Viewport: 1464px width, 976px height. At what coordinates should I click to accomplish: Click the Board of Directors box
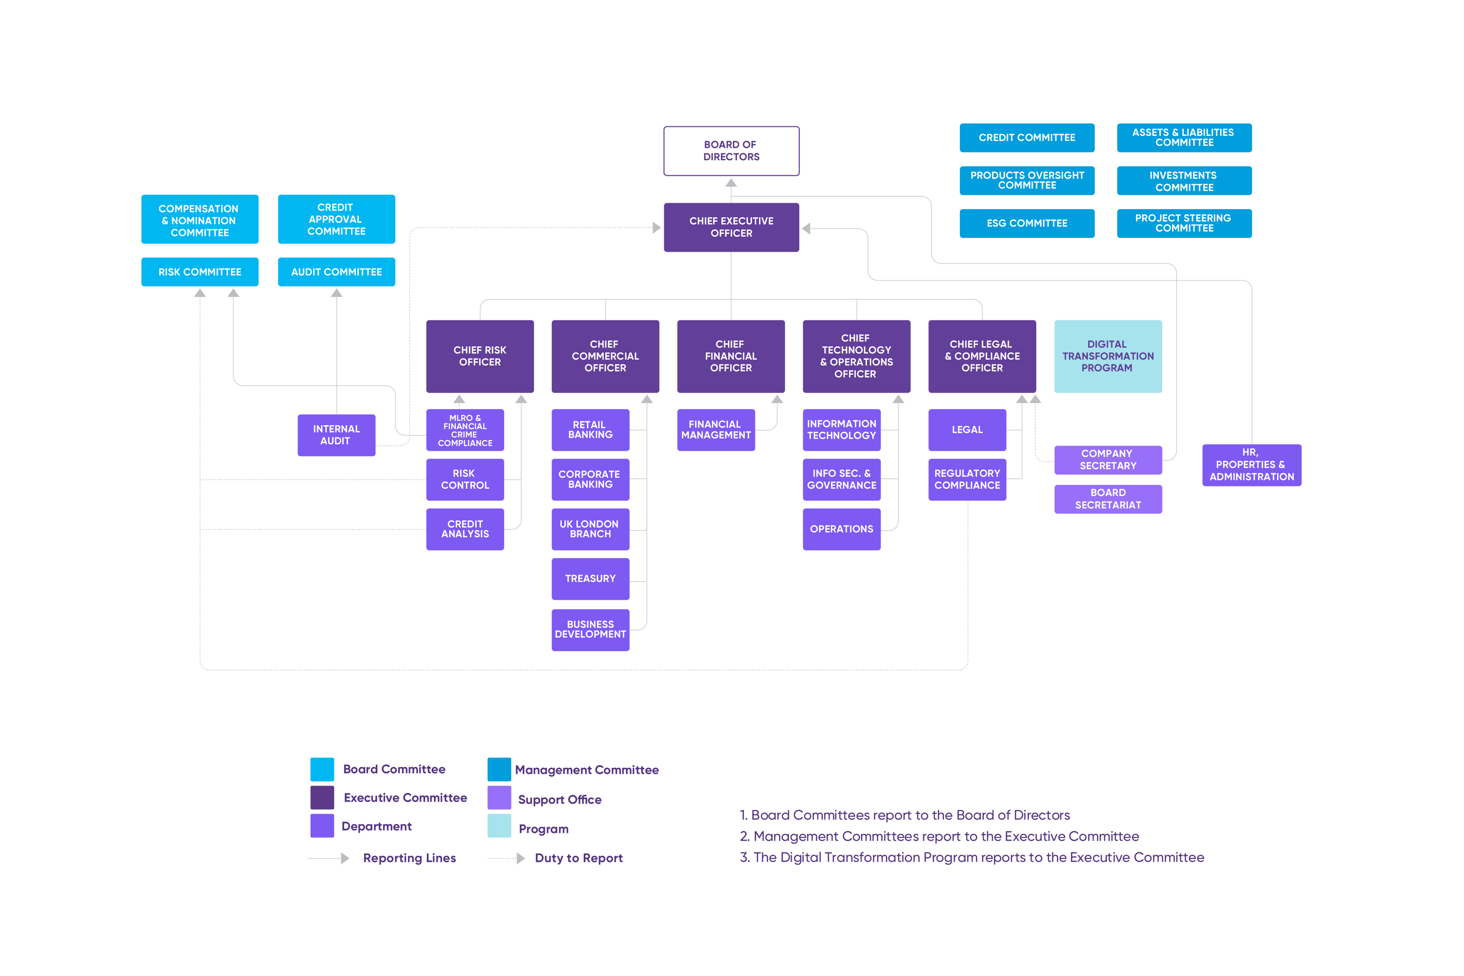pos(731,151)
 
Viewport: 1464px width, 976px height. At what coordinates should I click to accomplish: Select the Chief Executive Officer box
pos(731,227)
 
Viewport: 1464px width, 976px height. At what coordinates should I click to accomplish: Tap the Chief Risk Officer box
pos(480,356)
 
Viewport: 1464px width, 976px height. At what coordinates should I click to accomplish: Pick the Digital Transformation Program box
pos(1108,356)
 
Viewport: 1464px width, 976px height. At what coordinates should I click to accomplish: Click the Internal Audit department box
pos(336,435)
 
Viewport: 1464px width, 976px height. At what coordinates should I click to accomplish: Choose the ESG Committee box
pos(1027,223)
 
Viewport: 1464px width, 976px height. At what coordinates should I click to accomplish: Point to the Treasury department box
pos(590,579)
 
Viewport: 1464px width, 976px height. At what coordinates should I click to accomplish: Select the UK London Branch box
pos(590,529)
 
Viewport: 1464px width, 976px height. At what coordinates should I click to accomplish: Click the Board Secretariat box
pos(1108,499)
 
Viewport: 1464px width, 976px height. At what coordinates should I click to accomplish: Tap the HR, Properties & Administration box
pos(1251,465)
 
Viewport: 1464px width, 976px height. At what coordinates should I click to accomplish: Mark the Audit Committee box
pos(336,272)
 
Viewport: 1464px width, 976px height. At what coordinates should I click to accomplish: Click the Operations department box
pos(841,529)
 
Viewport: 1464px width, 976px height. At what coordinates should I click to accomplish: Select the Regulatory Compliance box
pos(967,479)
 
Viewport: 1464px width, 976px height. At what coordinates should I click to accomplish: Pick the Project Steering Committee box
pos(1184,223)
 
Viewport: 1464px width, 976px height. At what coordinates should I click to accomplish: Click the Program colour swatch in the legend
pos(499,826)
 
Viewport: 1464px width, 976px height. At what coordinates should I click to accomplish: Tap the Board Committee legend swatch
pos(322,769)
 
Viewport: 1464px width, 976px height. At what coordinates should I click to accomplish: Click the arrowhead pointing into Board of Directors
pos(731,183)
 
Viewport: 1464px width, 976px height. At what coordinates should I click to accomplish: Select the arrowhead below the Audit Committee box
pos(336,292)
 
